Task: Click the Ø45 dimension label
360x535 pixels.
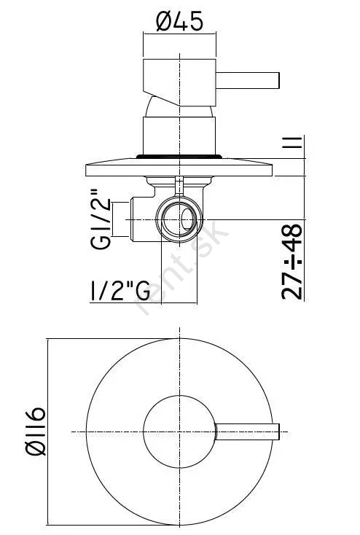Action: click(179, 21)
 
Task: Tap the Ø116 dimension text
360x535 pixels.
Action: click(36, 431)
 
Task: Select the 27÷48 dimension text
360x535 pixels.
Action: click(292, 262)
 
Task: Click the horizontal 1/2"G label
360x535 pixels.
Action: click(120, 291)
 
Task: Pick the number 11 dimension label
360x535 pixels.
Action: click(292, 142)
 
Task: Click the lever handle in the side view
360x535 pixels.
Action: click(248, 80)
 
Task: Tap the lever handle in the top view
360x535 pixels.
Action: click(248, 431)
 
